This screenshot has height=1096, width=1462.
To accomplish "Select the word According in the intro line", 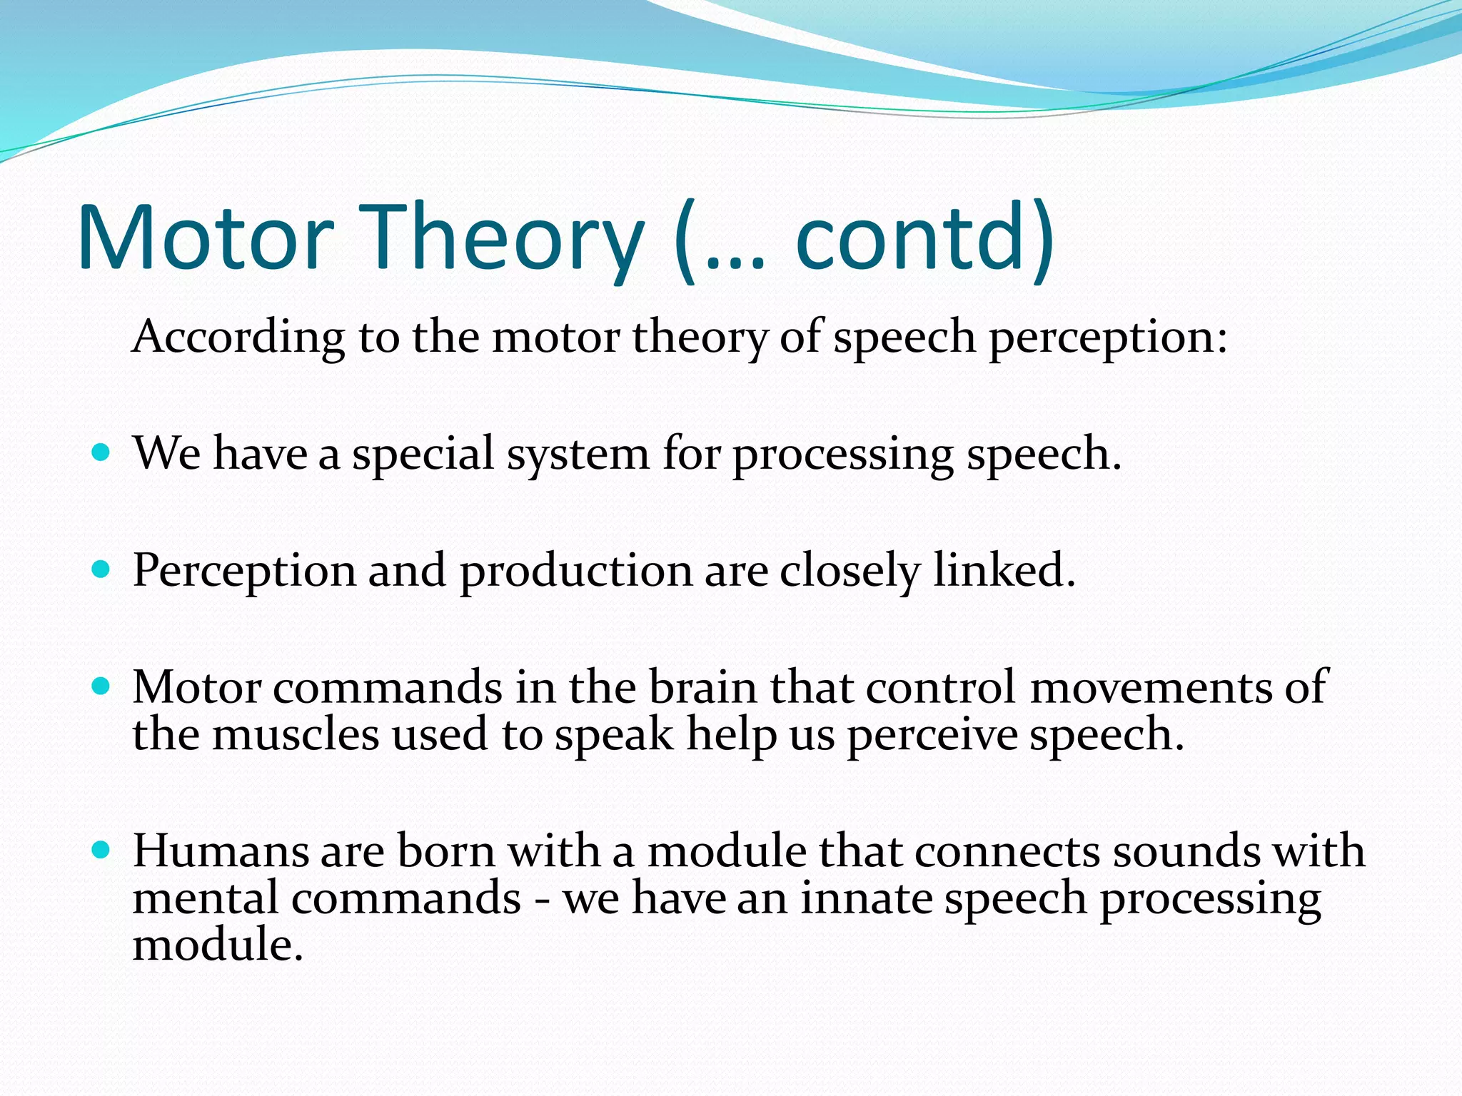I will [238, 337].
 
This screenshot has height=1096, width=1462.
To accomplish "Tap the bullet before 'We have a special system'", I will [101, 452].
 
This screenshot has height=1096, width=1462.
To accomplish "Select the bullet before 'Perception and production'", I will [101, 569].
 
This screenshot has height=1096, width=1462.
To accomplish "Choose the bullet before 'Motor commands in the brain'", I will [101, 686].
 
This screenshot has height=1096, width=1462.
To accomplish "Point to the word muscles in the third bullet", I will [296, 735].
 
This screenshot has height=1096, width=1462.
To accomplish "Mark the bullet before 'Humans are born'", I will [101, 850].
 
